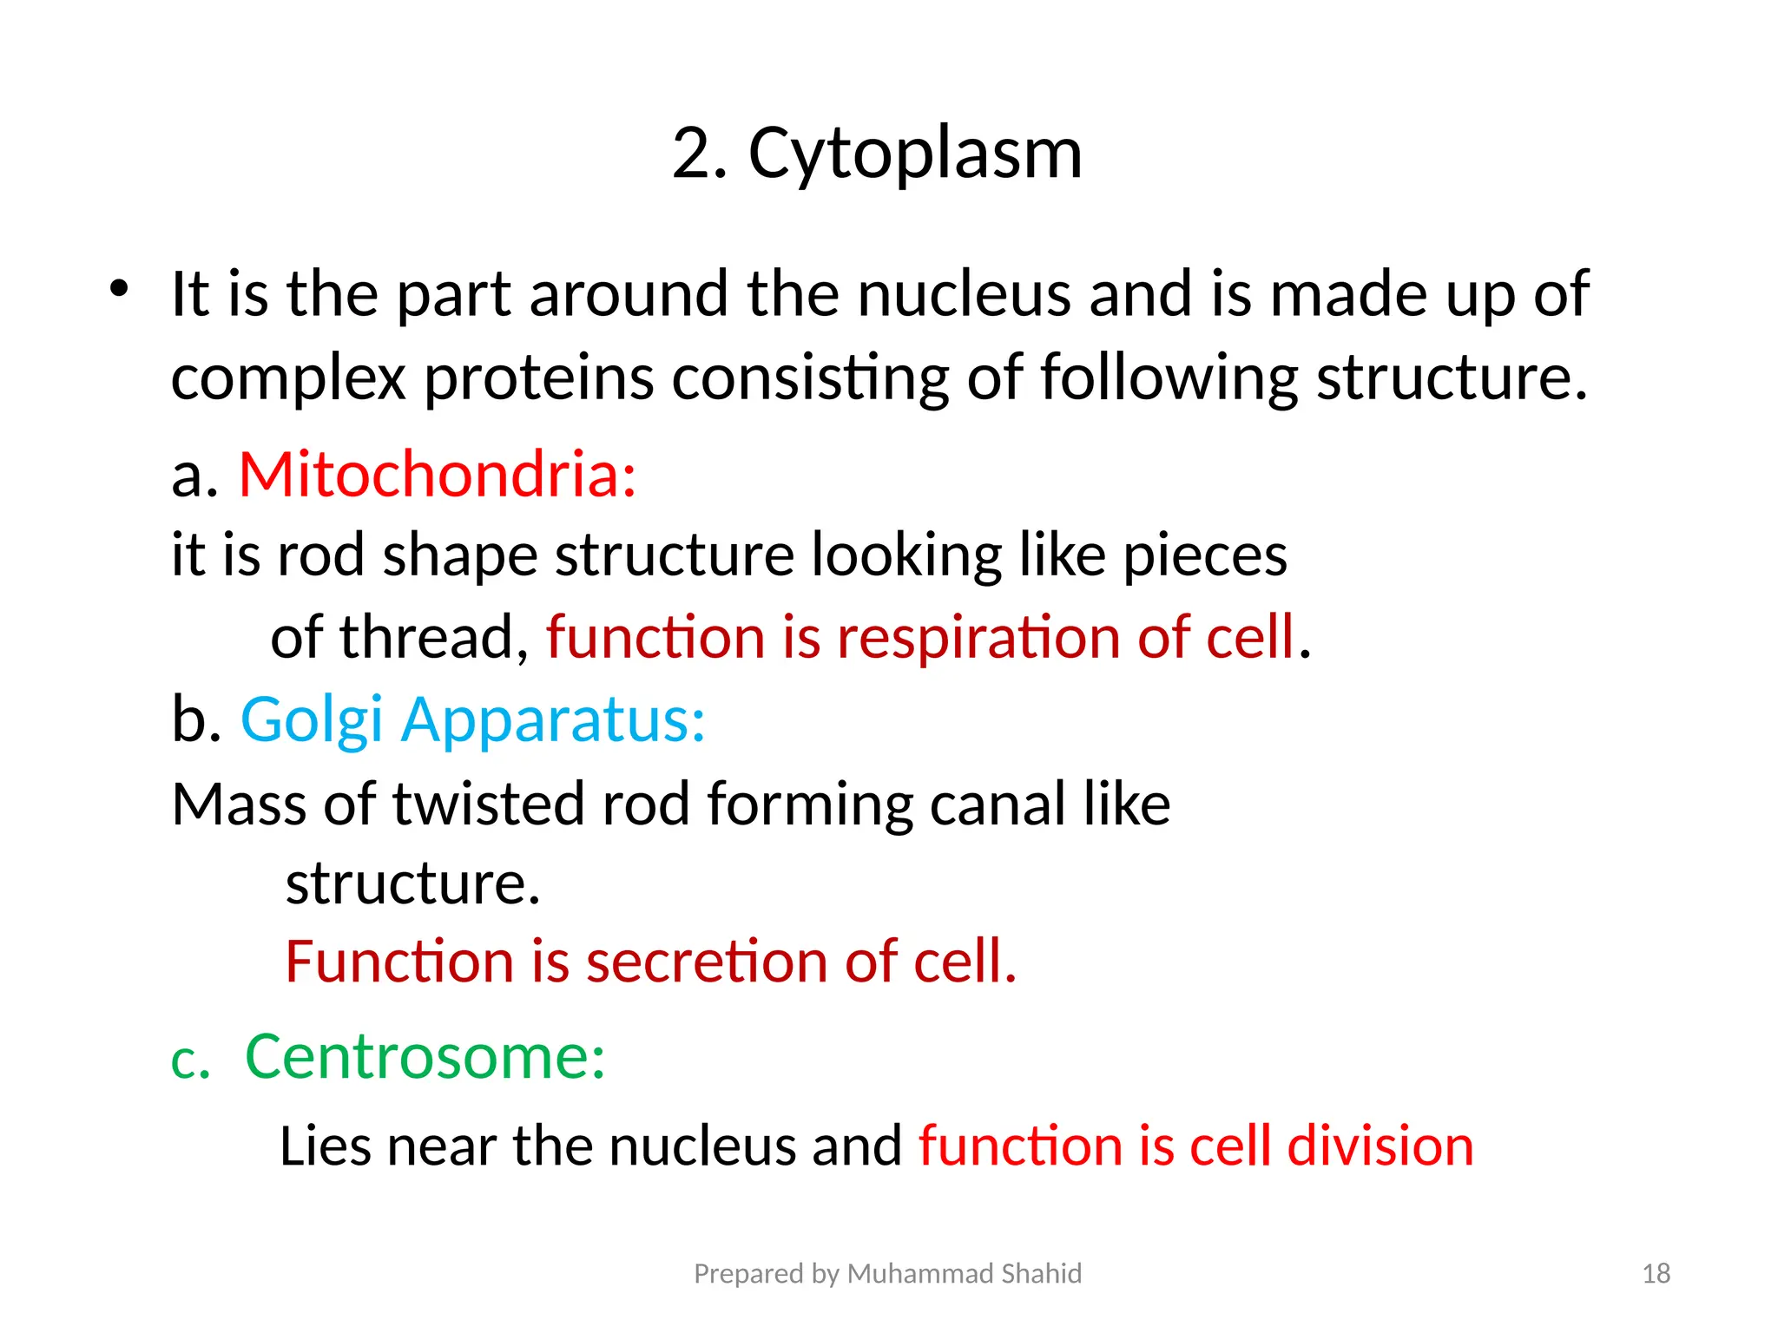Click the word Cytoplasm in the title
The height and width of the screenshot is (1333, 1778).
(915, 154)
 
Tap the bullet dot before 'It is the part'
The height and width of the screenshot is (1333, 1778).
(119, 288)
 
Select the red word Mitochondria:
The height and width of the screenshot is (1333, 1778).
(438, 476)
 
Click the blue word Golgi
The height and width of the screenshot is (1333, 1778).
(312, 720)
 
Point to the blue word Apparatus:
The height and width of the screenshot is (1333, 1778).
(553, 720)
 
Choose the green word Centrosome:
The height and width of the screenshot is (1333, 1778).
(425, 1057)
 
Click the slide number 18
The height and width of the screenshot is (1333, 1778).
(1656, 1273)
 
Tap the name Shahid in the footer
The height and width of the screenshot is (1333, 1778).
(1041, 1273)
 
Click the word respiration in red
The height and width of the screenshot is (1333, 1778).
(978, 637)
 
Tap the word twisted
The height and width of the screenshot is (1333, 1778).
(489, 804)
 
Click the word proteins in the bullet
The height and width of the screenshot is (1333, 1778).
(538, 378)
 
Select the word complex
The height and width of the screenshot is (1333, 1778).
(288, 378)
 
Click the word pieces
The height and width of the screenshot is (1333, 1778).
(1205, 555)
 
